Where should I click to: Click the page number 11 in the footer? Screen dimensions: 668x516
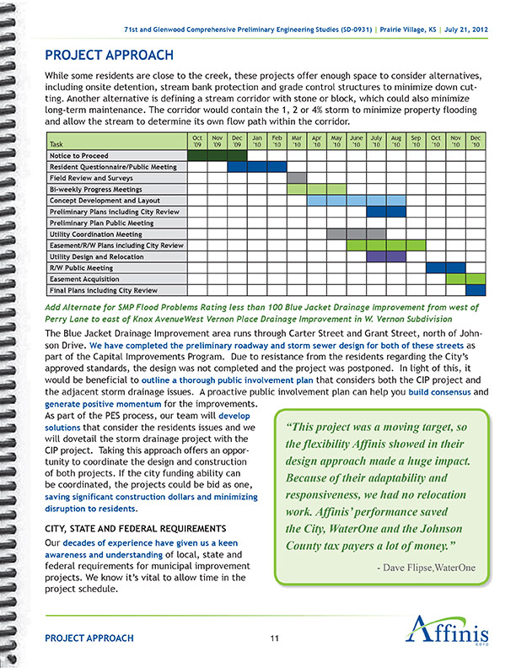point(275,638)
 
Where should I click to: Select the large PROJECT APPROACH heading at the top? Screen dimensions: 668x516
point(110,56)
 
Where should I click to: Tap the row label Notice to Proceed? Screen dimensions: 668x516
point(78,155)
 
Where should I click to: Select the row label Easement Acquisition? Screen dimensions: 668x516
point(83,278)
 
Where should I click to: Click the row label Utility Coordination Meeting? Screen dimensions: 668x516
point(95,234)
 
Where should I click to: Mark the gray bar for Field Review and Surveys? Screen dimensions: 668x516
point(296,178)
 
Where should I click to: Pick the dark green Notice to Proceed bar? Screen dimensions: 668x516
point(216,155)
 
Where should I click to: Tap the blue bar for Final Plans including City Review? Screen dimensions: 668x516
point(476,290)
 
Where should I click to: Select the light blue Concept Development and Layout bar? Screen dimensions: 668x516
point(336,201)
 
